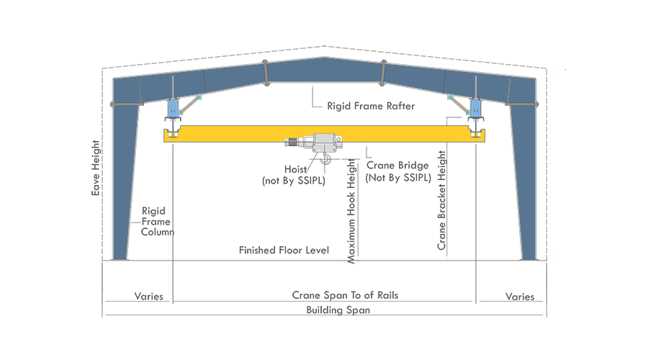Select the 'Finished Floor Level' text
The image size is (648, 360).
coord(284,251)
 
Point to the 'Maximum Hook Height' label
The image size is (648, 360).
coord(352,210)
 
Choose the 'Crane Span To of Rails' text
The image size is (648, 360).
coord(345,296)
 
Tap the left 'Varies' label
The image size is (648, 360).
coord(149,296)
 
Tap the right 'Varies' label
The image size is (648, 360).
coord(520,296)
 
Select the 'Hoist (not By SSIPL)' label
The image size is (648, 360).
coord(293,176)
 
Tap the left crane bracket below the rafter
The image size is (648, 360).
coord(172,109)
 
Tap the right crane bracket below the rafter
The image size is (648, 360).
coord(474,109)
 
